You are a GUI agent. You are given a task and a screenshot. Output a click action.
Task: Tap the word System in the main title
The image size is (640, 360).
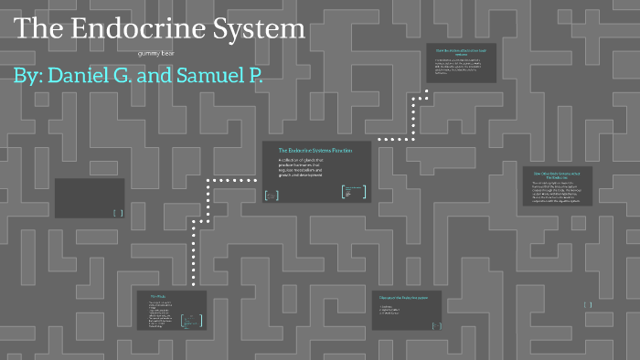(261, 28)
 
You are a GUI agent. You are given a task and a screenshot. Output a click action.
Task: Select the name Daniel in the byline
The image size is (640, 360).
(93, 77)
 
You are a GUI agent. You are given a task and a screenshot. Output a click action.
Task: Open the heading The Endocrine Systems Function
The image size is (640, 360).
(316, 150)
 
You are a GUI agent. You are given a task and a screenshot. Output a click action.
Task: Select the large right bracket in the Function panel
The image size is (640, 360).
(364, 192)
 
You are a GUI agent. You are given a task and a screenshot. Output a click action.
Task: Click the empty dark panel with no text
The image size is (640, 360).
(89, 197)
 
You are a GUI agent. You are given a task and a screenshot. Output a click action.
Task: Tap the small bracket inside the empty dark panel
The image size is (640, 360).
(118, 213)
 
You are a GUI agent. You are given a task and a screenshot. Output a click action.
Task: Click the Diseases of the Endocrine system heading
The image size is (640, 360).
(405, 297)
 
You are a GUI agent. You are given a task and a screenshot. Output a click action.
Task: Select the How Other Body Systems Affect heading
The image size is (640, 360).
(559, 174)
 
